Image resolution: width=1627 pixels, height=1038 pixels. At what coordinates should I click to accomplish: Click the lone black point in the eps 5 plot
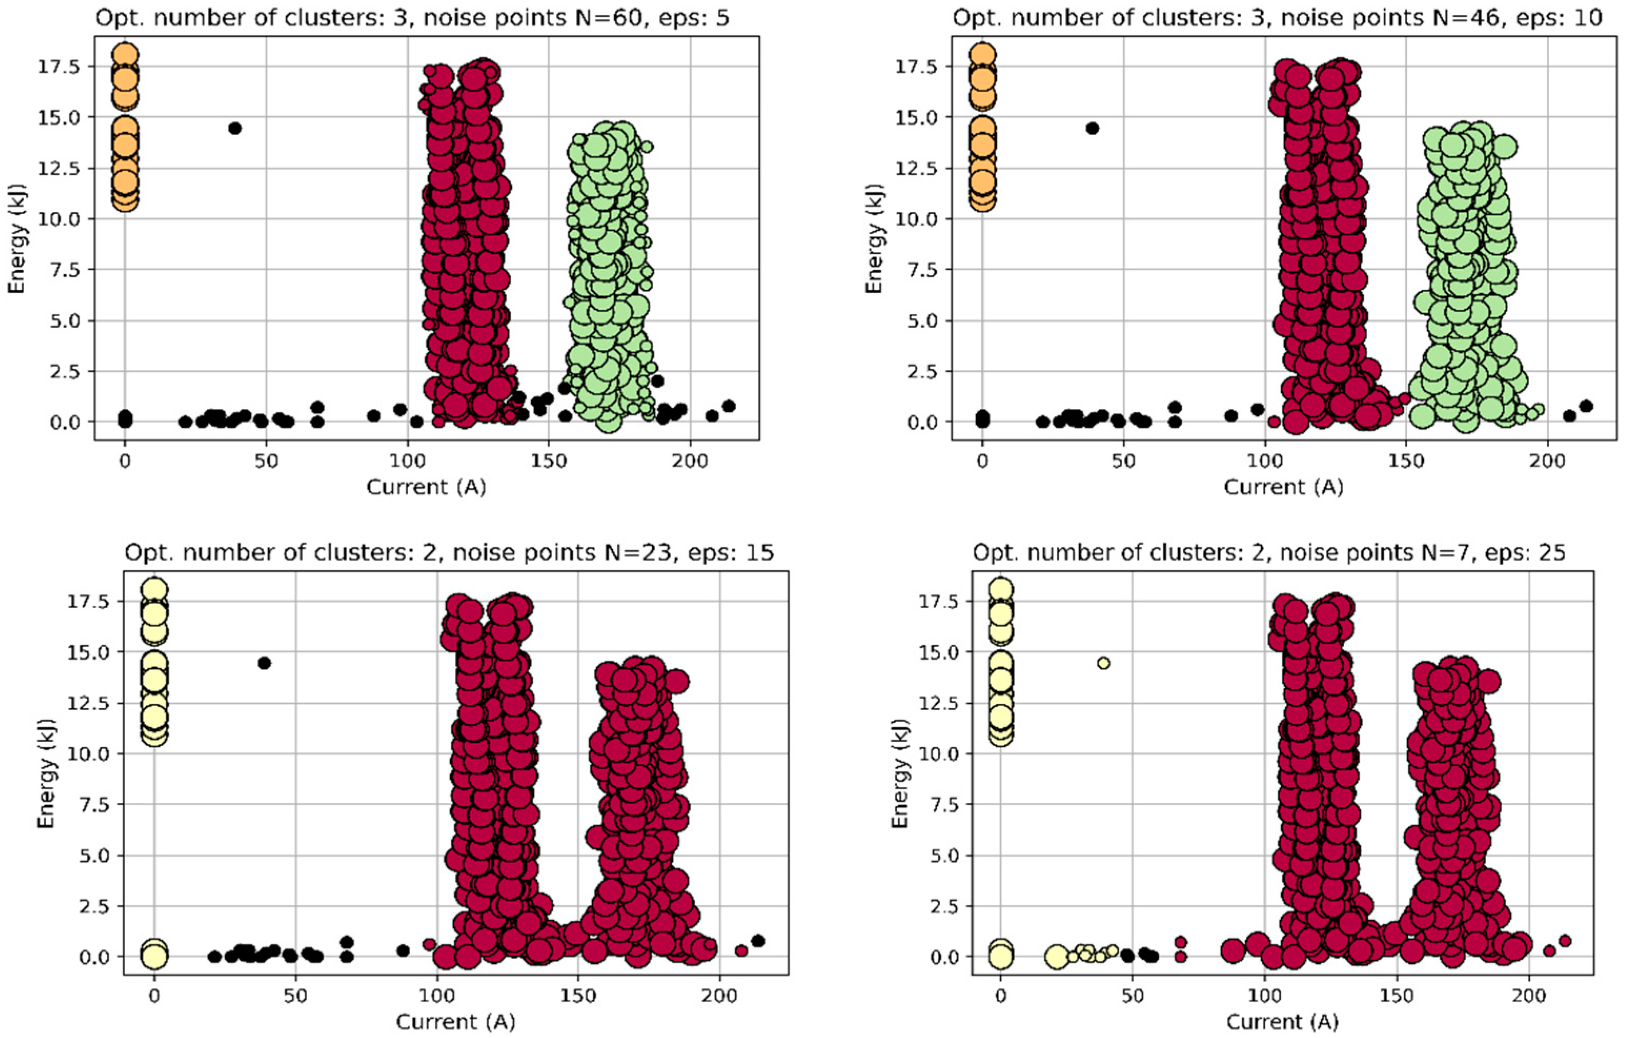point(235,128)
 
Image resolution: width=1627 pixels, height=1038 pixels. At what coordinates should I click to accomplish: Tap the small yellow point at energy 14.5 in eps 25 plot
point(1103,663)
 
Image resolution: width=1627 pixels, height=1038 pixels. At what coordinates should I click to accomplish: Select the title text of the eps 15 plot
point(449,553)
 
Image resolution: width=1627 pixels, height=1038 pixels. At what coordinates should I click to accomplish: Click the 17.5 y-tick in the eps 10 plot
point(916,66)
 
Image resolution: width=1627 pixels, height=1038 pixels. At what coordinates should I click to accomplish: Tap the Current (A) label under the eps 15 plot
point(455,1021)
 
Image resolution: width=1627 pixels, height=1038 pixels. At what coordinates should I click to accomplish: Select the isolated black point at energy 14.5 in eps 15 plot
point(264,663)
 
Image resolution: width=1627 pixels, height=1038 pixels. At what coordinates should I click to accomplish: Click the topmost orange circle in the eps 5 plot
point(126,54)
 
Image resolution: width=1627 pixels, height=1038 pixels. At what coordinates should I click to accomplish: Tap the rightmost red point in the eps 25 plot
point(1564,941)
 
